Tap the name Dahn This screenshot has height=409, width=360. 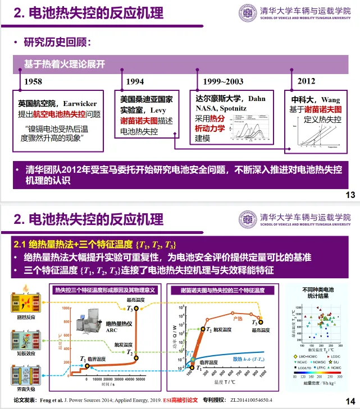coord(256,98)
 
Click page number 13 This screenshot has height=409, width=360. coord(350,195)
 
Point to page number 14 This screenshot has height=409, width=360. coord(350,401)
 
